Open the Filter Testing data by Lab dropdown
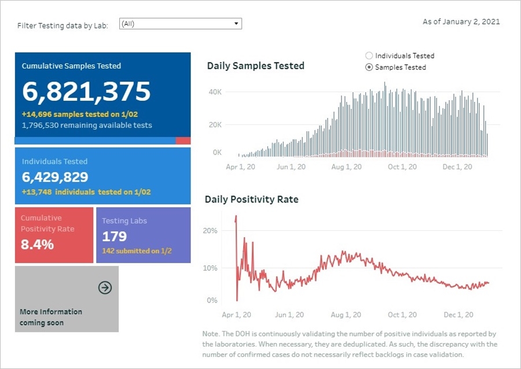(x=180, y=24)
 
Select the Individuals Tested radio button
(x=369, y=56)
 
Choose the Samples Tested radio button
(x=369, y=68)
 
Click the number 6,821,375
(x=86, y=91)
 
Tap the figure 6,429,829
(x=55, y=178)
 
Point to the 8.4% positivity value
(x=38, y=245)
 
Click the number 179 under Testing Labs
(x=115, y=237)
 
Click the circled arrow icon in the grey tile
(x=105, y=287)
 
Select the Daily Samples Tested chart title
(x=255, y=66)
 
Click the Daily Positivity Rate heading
(x=251, y=200)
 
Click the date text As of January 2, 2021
(x=461, y=22)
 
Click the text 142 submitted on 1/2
(x=137, y=251)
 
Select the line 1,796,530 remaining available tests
(x=87, y=126)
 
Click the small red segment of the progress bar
(x=183, y=141)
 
